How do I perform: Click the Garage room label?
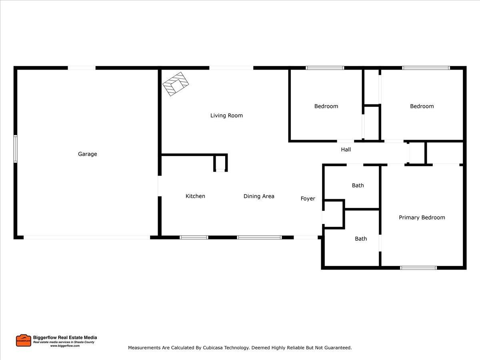(x=87, y=154)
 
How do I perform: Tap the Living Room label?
(x=226, y=116)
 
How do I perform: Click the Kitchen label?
(x=195, y=196)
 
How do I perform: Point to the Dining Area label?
(x=259, y=196)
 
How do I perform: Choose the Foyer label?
(x=308, y=198)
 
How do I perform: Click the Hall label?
(x=346, y=150)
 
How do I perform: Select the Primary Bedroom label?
(x=422, y=218)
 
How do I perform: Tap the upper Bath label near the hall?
(x=358, y=185)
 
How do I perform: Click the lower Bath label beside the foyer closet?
(x=360, y=239)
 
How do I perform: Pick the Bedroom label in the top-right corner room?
(x=422, y=106)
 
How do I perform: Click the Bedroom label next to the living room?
(x=326, y=106)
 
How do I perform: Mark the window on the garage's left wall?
(x=16, y=149)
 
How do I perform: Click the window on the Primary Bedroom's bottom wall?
(x=418, y=268)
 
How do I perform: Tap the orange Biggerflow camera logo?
(x=24, y=340)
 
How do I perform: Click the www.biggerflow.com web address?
(x=65, y=346)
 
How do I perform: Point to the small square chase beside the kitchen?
(x=220, y=163)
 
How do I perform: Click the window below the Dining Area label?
(x=259, y=237)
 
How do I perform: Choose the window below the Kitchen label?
(x=194, y=237)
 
